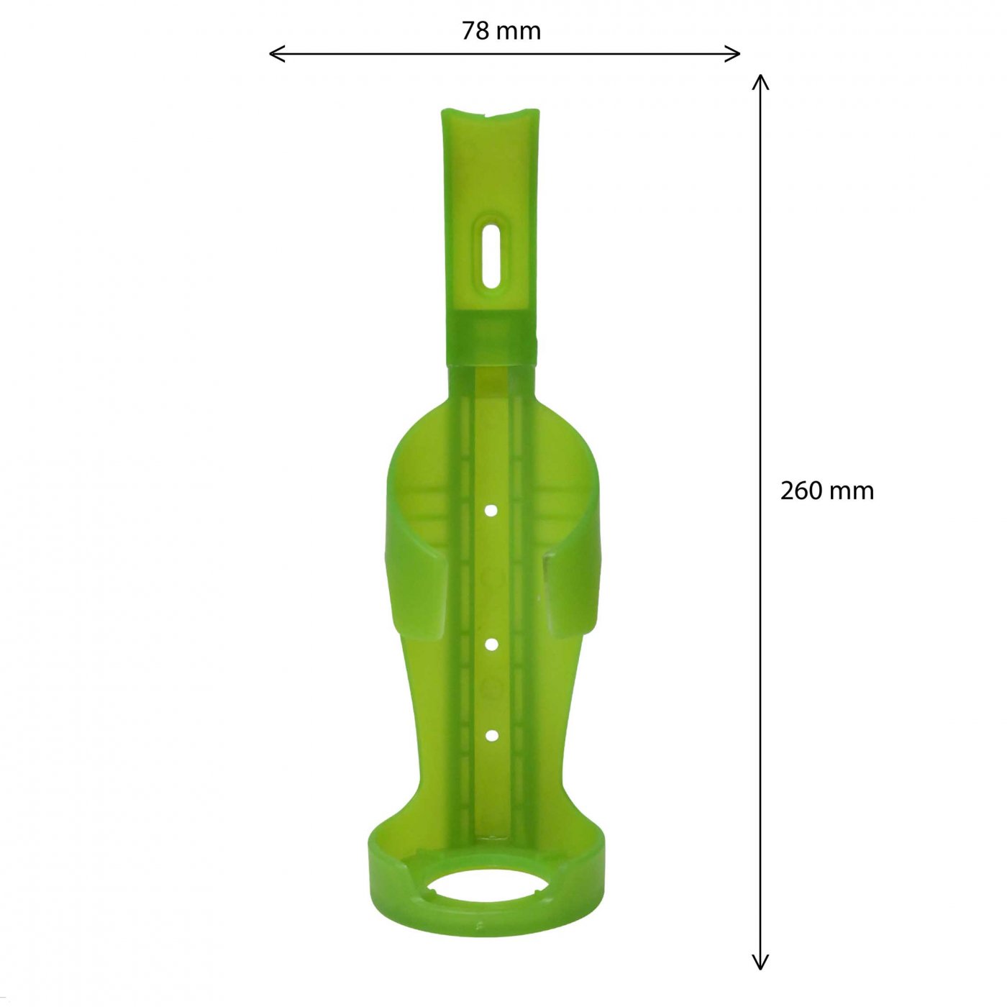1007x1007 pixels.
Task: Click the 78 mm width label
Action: coord(501,32)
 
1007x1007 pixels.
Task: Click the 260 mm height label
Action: coord(826,491)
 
